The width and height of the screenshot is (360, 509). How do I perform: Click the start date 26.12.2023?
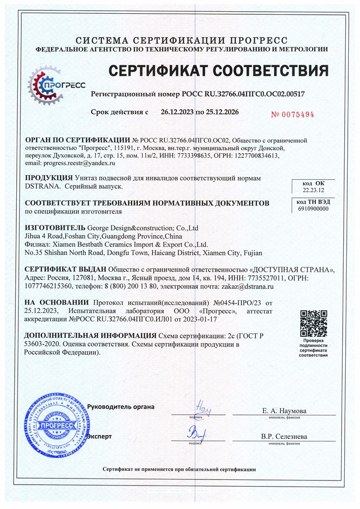coord(178,111)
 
